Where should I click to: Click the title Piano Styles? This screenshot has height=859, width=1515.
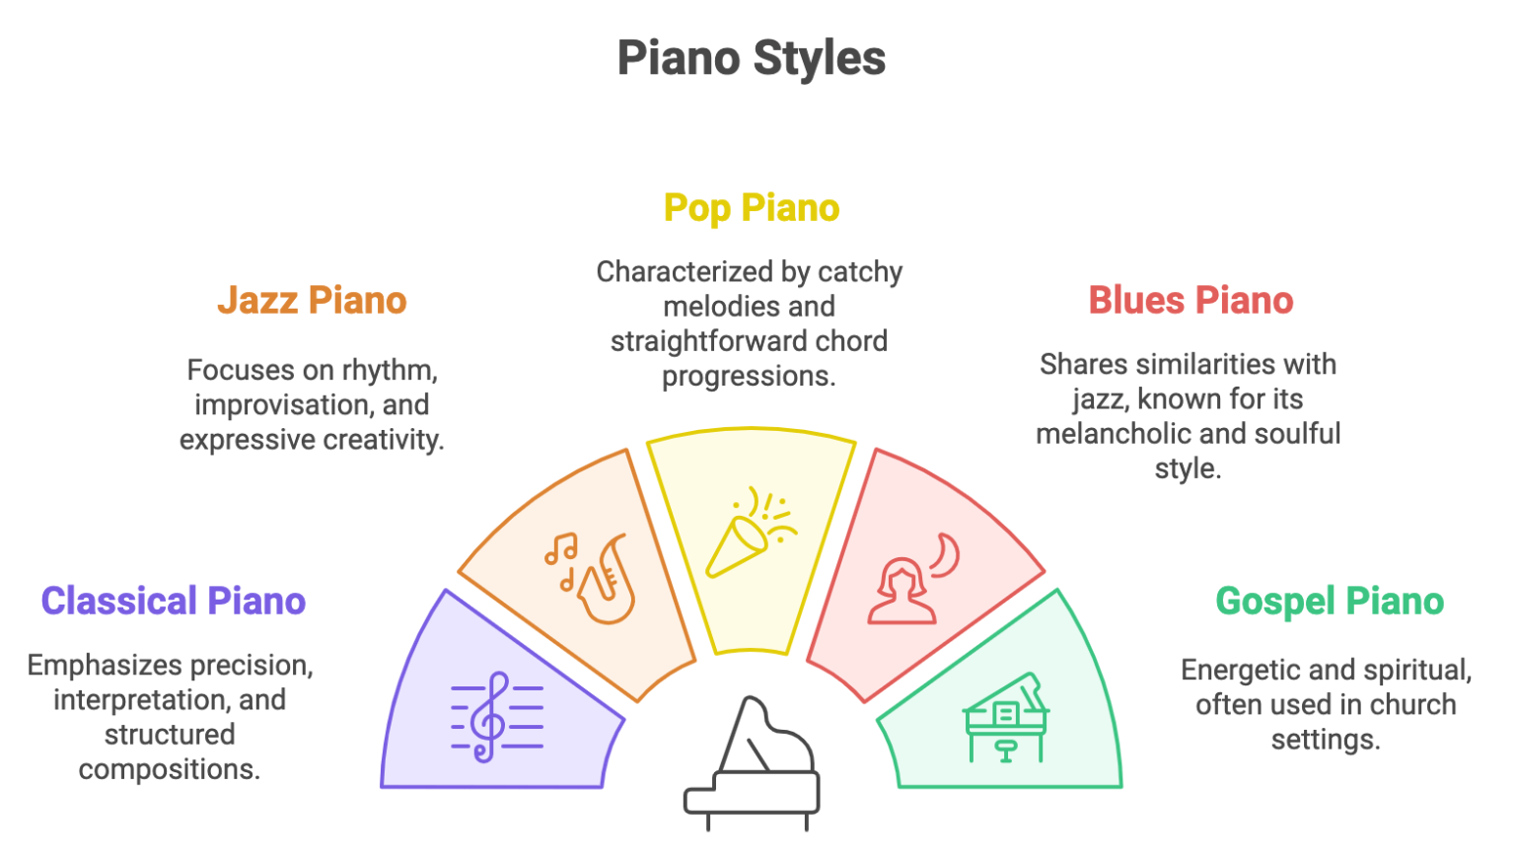coord(751,58)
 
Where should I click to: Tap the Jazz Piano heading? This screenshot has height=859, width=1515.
coord(312,301)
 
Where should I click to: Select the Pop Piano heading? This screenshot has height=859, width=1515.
coord(751,209)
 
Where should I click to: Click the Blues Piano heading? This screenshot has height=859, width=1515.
coord(1190,301)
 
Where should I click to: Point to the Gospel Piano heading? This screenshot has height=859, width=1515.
coord(1329,602)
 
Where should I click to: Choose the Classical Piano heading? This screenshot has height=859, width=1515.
coord(174,602)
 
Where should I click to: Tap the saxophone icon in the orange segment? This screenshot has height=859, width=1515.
coord(606,582)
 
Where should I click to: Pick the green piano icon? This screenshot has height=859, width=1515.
coord(1005,719)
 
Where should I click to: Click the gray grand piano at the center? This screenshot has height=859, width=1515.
coord(752,764)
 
